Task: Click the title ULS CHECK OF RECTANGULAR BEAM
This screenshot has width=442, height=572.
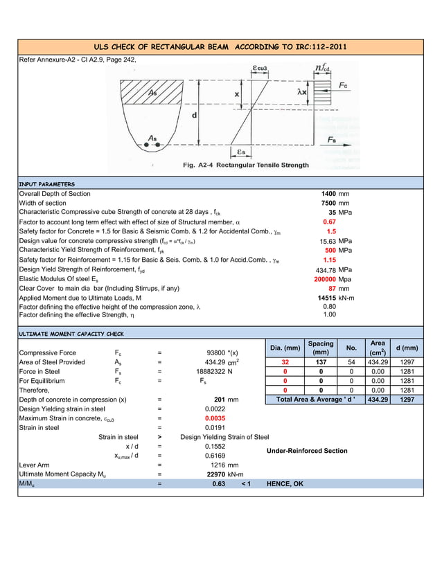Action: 220,47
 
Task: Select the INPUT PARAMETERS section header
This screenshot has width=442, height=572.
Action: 47,184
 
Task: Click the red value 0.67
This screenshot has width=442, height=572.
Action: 330,222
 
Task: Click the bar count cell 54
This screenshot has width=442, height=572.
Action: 351,362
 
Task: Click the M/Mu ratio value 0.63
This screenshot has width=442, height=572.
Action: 219,484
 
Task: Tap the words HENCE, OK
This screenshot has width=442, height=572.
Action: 285,484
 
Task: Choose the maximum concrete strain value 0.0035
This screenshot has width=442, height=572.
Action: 215,419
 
